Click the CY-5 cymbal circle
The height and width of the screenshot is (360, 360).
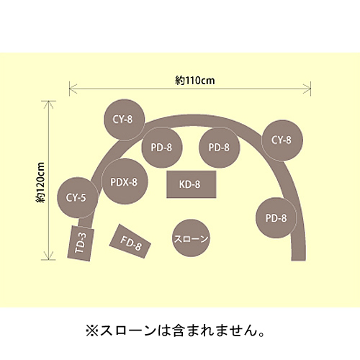coord(78,198)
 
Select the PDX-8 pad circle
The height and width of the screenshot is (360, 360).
coord(125,181)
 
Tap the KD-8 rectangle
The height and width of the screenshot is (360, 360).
coord(192,184)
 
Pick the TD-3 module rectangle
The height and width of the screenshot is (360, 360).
coord(81,243)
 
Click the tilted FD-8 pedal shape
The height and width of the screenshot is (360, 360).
coord(130,241)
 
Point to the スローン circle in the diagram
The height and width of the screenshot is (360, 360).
coord(191,238)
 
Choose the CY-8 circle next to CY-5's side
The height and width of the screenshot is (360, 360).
coord(125,120)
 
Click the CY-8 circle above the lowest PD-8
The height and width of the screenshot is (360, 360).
coord(282,140)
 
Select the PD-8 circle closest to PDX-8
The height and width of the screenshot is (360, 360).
coord(162,148)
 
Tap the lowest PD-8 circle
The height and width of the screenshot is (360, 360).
coord(276,217)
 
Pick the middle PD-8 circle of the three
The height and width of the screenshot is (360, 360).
coord(220,148)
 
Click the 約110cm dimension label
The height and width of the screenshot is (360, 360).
coord(194,81)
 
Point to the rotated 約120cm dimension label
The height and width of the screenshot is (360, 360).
coord(40,182)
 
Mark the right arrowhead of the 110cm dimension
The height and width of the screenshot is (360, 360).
coord(308,89)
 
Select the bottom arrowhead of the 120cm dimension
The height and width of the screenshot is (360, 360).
coord(48,257)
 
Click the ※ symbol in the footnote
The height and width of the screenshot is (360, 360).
coord(92,330)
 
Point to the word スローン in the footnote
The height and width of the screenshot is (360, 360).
coord(128,330)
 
